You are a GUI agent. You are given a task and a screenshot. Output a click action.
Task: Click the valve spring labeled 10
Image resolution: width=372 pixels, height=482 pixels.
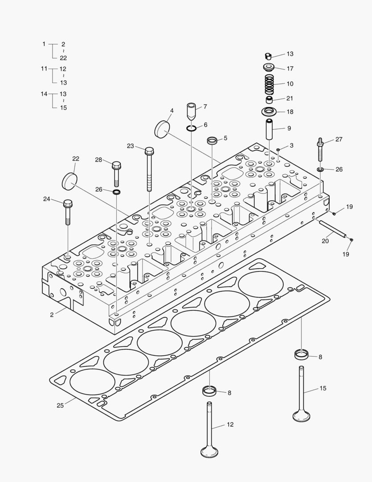[269, 84]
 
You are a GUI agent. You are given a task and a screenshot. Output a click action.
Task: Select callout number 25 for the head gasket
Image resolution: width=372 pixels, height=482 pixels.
[60, 405]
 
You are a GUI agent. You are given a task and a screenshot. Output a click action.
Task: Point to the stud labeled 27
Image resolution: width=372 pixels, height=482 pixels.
[321, 152]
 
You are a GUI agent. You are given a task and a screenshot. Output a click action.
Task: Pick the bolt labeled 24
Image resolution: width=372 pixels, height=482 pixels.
[68, 212]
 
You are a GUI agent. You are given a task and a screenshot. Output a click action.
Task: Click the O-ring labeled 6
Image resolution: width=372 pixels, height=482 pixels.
[192, 129]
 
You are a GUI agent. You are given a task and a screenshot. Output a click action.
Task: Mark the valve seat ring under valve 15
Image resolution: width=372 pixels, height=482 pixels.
[302, 355]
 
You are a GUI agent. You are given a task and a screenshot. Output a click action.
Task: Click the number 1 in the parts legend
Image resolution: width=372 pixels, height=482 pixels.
[44, 44]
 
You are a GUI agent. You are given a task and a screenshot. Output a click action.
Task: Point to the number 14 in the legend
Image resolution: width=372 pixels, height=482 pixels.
[44, 94]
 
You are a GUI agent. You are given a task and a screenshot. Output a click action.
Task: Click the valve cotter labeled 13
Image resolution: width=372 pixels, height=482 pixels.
[267, 56]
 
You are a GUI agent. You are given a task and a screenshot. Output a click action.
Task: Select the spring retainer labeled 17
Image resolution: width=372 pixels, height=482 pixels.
[269, 68]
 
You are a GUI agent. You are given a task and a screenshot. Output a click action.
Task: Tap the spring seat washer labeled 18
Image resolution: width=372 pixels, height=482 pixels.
[269, 111]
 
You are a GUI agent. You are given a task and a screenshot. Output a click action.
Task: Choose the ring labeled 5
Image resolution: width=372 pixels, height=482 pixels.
[212, 141]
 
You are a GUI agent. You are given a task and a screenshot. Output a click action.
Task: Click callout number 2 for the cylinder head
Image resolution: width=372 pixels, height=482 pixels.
[52, 315]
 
